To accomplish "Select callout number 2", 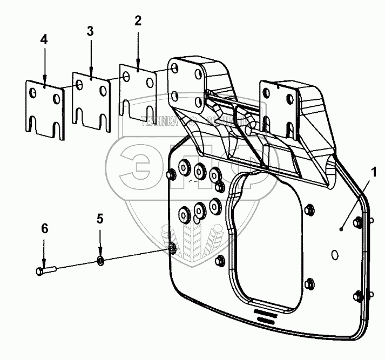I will click(138, 21).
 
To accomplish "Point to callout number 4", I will click(44, 40).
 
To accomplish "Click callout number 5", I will click(99, 219).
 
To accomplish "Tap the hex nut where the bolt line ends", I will click(172, 248).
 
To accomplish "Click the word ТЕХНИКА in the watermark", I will click(160, 122).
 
